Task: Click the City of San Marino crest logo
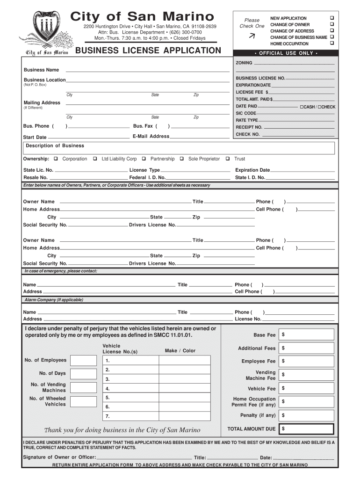click(x=45, y=29)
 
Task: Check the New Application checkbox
click(x=332, y=18)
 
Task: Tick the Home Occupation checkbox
click(x=332, y=44)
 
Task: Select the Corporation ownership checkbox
click(x=56, y=159)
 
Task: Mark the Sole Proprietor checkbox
click(x=181, y=159)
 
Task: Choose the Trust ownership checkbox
click(x=228, y=159)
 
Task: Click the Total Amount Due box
click(x=307, y=429)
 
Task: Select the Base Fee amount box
click(x=307, y=335)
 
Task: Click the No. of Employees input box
click(x=83, y=360)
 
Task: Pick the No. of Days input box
click(x=83, y=373)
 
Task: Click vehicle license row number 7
click(x=156, y=416)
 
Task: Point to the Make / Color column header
click(x=180, y=351)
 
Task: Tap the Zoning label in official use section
click(x=244, y=63)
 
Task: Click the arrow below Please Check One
click(x=252, y=36)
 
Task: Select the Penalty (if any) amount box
click(x=307, y=415)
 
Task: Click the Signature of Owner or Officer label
click(x=59, y=457)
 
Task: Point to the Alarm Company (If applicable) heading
click(x=54, y=300)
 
